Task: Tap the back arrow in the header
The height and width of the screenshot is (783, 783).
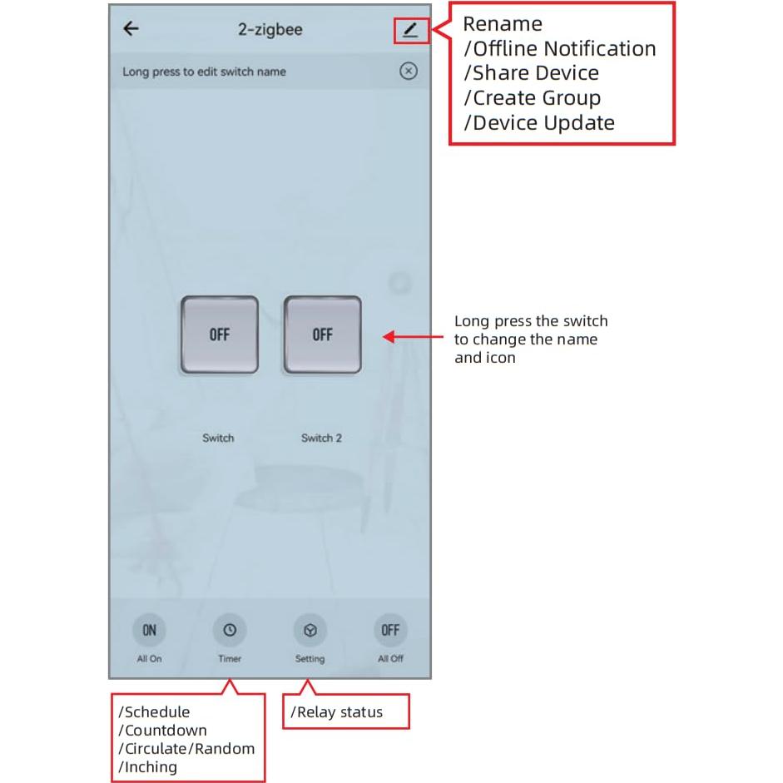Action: [131, 29]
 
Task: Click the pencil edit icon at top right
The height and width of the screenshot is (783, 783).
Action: [410, 31]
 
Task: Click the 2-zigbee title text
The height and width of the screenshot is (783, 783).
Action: [270, 30]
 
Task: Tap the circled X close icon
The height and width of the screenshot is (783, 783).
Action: [408, 72]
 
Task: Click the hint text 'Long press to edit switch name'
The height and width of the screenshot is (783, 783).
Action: [204, 72]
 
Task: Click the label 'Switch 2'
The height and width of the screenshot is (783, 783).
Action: [321, 438]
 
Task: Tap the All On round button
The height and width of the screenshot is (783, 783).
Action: [149, 630]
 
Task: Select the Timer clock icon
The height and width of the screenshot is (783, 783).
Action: [230, 630]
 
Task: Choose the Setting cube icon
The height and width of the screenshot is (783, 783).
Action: [310, 630]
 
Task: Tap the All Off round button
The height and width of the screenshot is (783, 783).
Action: [390, 630]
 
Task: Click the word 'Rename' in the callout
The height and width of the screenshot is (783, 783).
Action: [503, 24]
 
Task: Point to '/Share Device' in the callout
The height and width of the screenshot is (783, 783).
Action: [531, 73]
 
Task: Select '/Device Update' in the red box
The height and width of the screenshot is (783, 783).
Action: [539, 123]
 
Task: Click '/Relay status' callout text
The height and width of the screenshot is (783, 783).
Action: [336, 712]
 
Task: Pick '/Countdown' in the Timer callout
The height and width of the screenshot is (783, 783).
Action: [162, 731]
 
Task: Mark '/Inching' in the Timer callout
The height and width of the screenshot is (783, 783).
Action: [148, 767]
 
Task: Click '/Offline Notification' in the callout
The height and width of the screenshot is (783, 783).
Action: [560, 49]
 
